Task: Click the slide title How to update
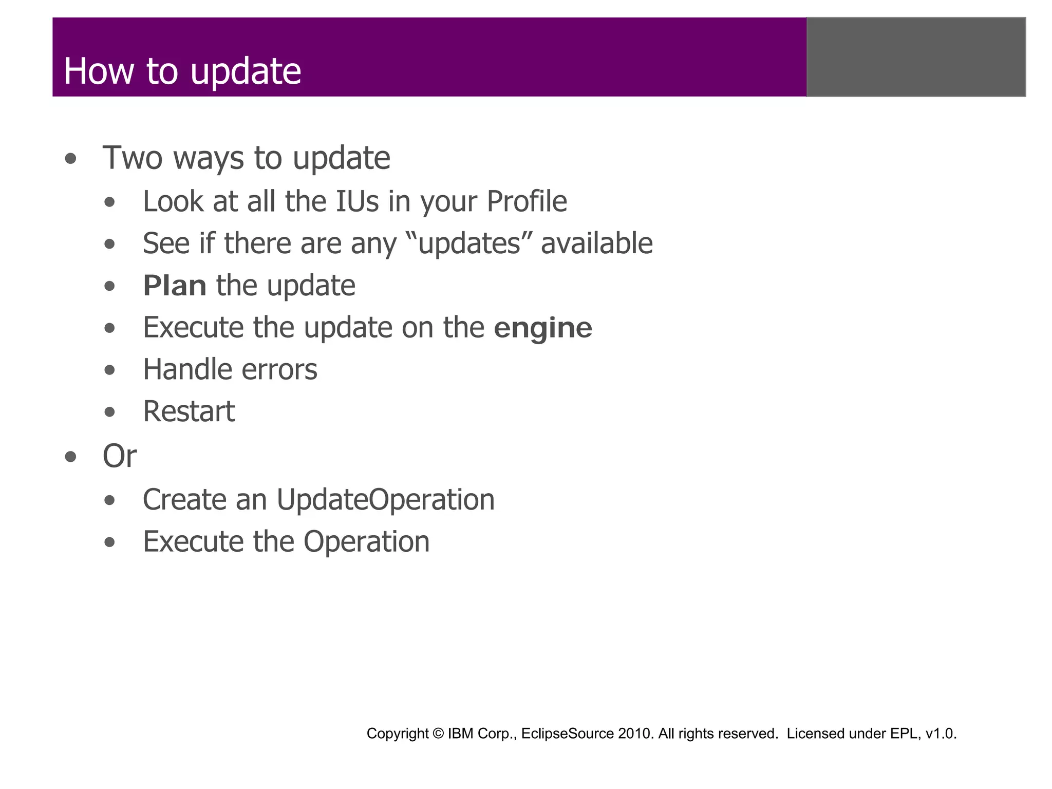point(182,71)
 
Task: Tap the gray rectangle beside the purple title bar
point(916,57)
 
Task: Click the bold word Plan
point(175,286)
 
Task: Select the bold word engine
point(542,328)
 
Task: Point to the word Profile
point(527,201)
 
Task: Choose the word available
point(596,243)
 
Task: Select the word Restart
point(189,412)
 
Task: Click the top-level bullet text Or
point(120,456)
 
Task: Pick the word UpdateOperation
point(385,500)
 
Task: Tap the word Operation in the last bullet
point(366,542)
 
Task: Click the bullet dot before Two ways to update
point(71,159)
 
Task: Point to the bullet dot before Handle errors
point(109,370)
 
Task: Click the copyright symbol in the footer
point(438,734)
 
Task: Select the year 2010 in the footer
point(635,734)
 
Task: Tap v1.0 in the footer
point(941,734)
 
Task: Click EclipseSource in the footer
point(568,734)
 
